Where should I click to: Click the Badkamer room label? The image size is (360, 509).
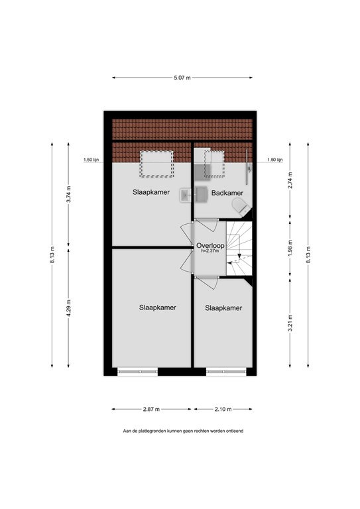point(225,193)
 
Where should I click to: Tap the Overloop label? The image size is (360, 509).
point(210,245)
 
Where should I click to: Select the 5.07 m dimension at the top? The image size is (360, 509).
point(182,77)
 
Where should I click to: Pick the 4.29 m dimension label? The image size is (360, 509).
point(68,309)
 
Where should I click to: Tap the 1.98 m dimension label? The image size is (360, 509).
point(290,255)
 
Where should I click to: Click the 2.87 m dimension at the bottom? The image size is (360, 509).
point(152,408)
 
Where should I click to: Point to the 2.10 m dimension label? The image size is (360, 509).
point(223,408)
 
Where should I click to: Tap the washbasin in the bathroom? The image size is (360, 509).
point(186,194)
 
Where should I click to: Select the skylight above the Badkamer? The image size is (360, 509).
point(214,164)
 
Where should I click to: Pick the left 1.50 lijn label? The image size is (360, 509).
point(91,160)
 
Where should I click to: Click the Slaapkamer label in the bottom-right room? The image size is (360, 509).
point(223,308)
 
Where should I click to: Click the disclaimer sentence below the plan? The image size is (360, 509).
point(183,431)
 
